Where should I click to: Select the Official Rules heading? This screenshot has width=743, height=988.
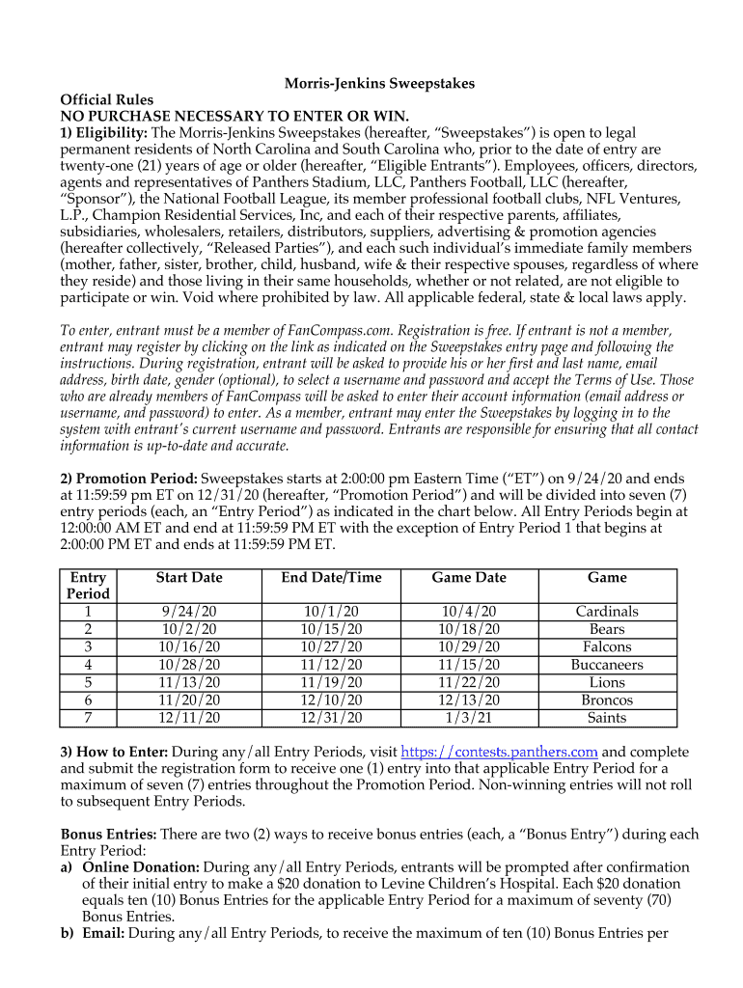point(106,99)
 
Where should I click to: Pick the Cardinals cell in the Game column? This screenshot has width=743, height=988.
point(607,612)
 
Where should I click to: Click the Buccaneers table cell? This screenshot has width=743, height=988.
point(607,665)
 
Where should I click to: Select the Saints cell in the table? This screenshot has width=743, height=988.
point(607,718)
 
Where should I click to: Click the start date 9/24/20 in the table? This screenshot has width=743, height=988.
point(189,612)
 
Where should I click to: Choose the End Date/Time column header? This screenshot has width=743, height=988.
point(331,577)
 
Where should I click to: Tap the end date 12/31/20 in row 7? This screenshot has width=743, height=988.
point(331,718)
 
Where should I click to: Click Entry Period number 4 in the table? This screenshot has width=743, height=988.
point(88,665)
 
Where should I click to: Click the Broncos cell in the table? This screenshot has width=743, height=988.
point(607,700)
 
